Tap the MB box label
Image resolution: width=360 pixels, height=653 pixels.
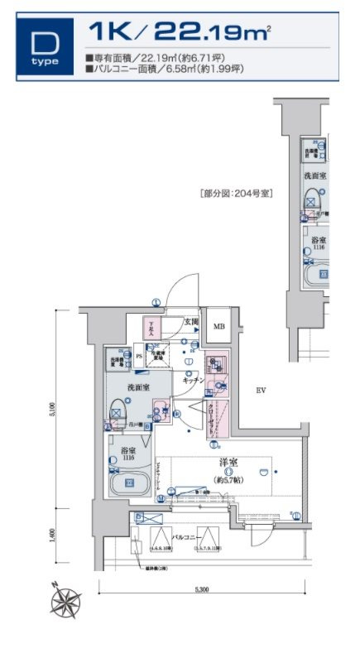(x=219, y=326)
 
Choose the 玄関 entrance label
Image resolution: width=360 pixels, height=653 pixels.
(x=190, y=323)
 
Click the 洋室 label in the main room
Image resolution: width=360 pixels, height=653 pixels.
(x=228, y=461)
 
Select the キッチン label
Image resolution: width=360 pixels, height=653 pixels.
(x=194, y=379)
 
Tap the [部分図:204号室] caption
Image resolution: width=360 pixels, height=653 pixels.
(x=236, y=193)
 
